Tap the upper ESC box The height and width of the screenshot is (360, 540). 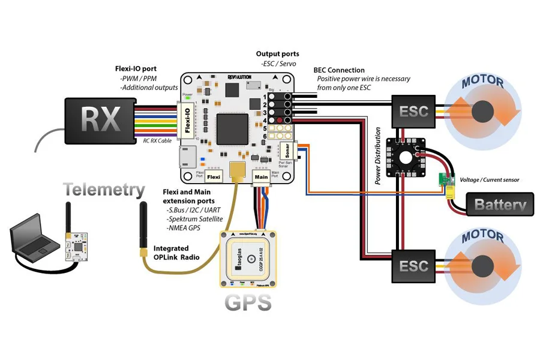414,111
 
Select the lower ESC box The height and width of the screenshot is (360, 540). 414,265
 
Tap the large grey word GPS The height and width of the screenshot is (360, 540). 248,303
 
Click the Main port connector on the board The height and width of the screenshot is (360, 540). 261,177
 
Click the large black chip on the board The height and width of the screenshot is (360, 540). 232,128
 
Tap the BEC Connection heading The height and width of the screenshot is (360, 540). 339,70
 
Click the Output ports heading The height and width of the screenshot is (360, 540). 278,54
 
